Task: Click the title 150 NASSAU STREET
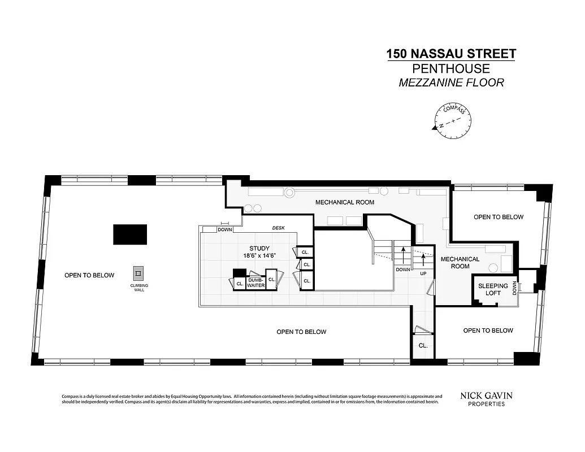point(450,54)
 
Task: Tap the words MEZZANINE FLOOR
point(450,82)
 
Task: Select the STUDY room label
point(259,249)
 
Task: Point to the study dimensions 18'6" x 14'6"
point(259,256)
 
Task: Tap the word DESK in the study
point(278,228)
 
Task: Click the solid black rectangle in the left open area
point(130,234)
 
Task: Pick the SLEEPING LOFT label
point(493,289)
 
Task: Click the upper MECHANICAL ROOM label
point(344,202)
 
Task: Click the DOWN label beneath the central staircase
point(403,270)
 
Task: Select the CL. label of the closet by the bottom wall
point(423,345)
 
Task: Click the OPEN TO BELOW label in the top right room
point(498,217)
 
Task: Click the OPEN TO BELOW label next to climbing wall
point(89,276)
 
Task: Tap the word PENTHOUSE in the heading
point(450,69)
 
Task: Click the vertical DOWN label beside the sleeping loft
point(515,288)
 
